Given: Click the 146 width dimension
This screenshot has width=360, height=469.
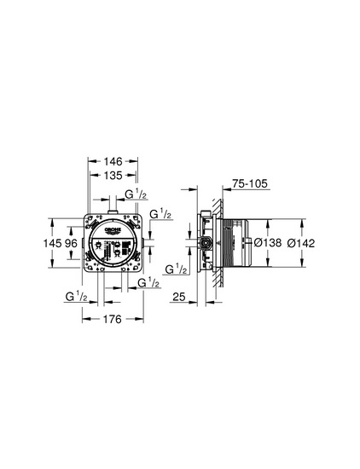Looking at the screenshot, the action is click(x=113, y=161).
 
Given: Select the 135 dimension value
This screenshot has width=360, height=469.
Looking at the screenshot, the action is click(x=113, y=176).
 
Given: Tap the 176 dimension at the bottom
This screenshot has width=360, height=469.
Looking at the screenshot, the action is click(x=113, y=319).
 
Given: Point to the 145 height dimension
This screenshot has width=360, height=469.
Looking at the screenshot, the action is click(x=53, y=243).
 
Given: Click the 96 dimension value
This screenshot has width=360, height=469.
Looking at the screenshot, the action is click(x=71, y=243).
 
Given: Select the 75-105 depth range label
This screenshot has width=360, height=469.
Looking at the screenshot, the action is click(x=250, y=183).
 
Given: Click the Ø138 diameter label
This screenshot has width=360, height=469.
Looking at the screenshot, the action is click(x=268, y=242).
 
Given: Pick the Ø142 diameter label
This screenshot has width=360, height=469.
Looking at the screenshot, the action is click(x=301, y=243).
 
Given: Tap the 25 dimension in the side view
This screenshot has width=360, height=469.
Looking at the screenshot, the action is click(x=179, y=297).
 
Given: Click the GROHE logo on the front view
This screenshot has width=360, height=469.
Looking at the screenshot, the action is click(x=113, y=230).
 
